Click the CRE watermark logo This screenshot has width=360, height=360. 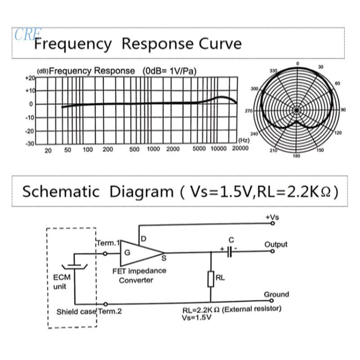pyautogui.click(x=28, y=34)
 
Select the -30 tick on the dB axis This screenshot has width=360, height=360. pyautogui.click(x=29, y=144)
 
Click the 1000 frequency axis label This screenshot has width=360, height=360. pyautogui.click(x=153, y=149)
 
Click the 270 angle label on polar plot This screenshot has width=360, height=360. pyautogui.click(x=248, y=110)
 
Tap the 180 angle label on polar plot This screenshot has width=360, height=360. pyautogui.click(x=296, y=156)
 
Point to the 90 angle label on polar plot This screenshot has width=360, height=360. pyautogui.click(x=343, y=110)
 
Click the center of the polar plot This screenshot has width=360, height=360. pyautogui.click(x=296, y=110)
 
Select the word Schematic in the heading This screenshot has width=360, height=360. pyautogui.click(x=61, y=191)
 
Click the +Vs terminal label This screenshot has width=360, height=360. pyautogui.click(x=272, y=217)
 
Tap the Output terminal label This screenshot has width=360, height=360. pyautogui.click(x=275, y=244)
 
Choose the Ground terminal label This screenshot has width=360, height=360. pyautogui.click(x=276, y=294)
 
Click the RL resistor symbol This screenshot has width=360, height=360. pyautogui.click(x=210, y=279)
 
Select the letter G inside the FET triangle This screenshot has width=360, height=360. pyautogui.click(x=127, y=252)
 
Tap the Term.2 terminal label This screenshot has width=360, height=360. pyautogui.click(x=110, y=311)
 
